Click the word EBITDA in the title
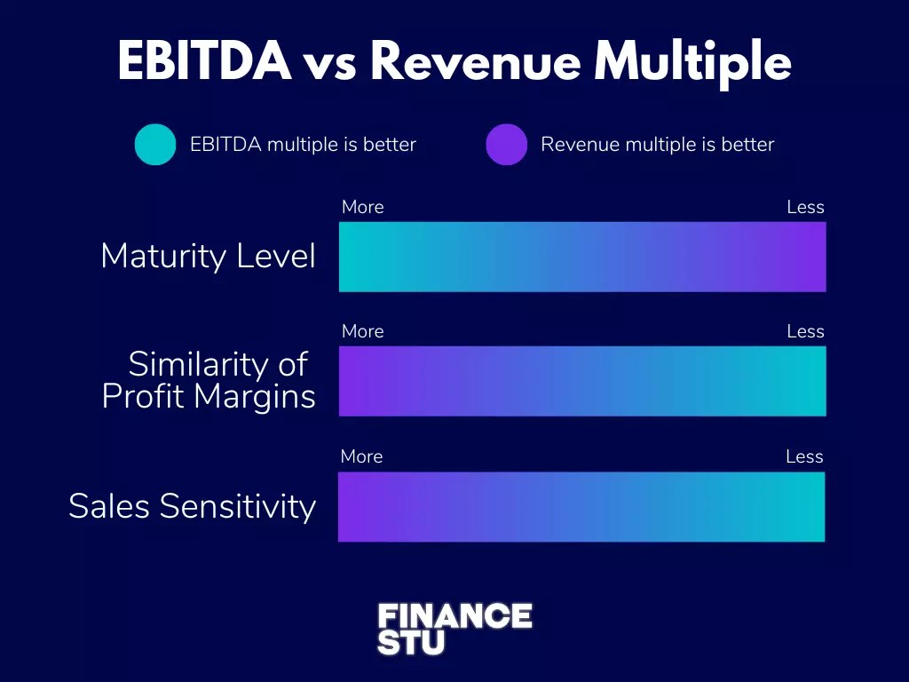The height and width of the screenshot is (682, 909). (x=204, y=62)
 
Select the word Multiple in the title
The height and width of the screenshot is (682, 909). (x=692, y=62)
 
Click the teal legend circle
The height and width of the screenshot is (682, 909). (x=155, y=144)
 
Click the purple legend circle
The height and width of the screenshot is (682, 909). (x=507, y=144)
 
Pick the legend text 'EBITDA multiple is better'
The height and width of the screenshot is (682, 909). (x=303, y=144)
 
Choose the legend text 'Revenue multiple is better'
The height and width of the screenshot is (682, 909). (x=657, y=144)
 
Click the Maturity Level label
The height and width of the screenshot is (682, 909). (x=208, y=256)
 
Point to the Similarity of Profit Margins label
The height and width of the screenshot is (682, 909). (x=209, y=380)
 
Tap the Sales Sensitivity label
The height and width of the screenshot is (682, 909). (x=192, y=506)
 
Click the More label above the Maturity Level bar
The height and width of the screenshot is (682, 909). (x=363, y=207)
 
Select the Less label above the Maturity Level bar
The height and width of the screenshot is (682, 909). (x=805, y=207)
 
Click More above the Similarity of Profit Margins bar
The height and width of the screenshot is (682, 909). (x=363, y=331)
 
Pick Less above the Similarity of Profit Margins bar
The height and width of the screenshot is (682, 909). (x=805, y=331)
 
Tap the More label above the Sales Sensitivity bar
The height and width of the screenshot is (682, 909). (x=362, y=456)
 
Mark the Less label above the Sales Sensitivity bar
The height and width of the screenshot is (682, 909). (x=804, y=456)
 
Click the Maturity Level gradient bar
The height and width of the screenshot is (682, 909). (x=582, y=257)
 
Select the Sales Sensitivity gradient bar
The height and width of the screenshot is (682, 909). (x=581, y=506)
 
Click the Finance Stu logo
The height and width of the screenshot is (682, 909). (x=454, y=629)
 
